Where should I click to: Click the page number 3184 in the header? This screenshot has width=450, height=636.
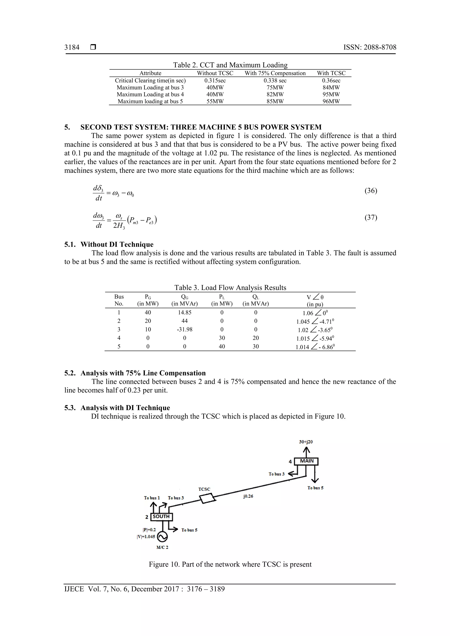coord(72,47)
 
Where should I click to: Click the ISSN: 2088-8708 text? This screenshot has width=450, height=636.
coord(370,47)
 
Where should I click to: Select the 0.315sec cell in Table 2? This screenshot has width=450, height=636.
coord(215,81)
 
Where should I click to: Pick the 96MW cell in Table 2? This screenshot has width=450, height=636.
coord(331,101)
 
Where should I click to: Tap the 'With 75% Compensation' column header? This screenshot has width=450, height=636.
coord(275,73)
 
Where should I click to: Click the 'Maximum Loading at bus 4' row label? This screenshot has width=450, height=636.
coord(150,94)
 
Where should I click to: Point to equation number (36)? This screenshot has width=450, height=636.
coord(371,191)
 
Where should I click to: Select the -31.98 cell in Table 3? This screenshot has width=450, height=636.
coord(184,330)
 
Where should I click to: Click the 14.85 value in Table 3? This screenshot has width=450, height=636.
coord(184,312)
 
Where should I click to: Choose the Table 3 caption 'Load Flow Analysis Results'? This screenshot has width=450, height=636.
coord(230,288)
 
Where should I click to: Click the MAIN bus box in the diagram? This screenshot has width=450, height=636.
coord(306,461)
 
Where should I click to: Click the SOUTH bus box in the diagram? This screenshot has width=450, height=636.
coord(161,517)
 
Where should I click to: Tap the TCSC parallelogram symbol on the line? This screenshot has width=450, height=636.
coord(208,498)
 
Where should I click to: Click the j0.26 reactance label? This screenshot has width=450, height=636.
coord(248,496)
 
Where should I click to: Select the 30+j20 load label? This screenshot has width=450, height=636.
coord(306,442)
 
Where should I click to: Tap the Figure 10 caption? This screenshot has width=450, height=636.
coord(230,564)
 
